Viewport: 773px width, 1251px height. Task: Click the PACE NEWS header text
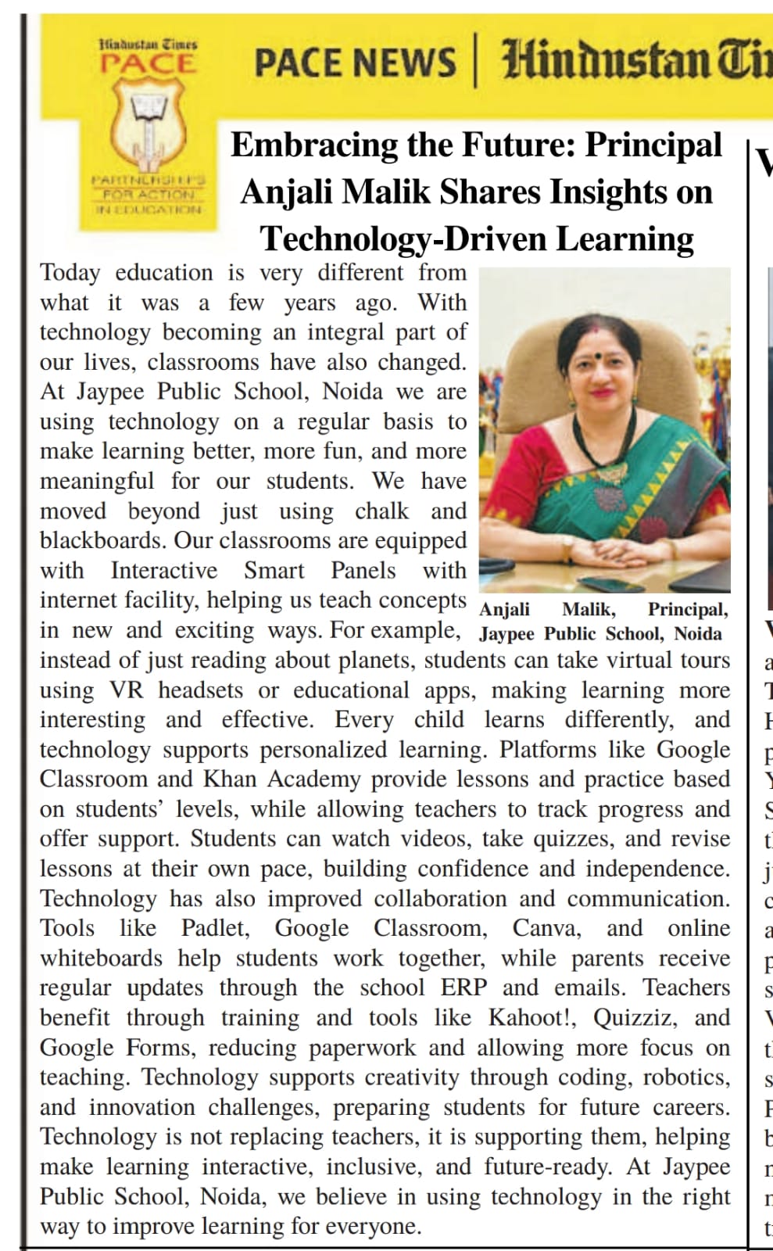tap(355, 63)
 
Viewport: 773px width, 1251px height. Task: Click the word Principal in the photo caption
tap(688, 610)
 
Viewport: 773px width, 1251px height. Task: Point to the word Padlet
tap(215, 928)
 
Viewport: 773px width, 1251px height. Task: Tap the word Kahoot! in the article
tap(528, 1018)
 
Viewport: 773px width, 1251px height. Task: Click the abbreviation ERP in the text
tap(463, 988)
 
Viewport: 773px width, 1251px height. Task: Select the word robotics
tap(686, 1077)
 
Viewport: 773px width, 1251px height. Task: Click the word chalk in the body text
tap(381, 511)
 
